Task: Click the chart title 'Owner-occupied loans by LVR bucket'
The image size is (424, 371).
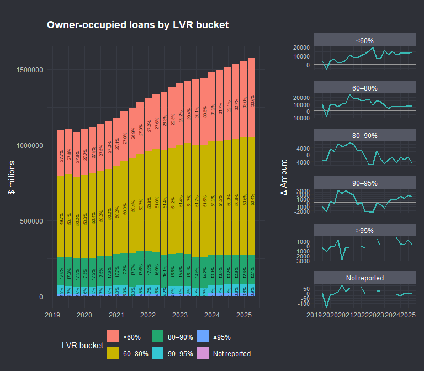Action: (x=137, y=25)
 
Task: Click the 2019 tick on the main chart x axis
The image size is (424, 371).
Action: (x=52, y=314)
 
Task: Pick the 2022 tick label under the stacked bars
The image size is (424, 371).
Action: (x=148, y=314)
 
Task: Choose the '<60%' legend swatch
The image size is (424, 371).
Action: (x=113, y=336)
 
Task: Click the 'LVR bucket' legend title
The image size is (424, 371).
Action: (x=82, y=345)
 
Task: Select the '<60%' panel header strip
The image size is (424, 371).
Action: (x=364, y=40)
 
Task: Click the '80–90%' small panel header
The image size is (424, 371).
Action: (x=364, y=136)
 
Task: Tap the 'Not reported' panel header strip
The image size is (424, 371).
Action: (x=364, y=278)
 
